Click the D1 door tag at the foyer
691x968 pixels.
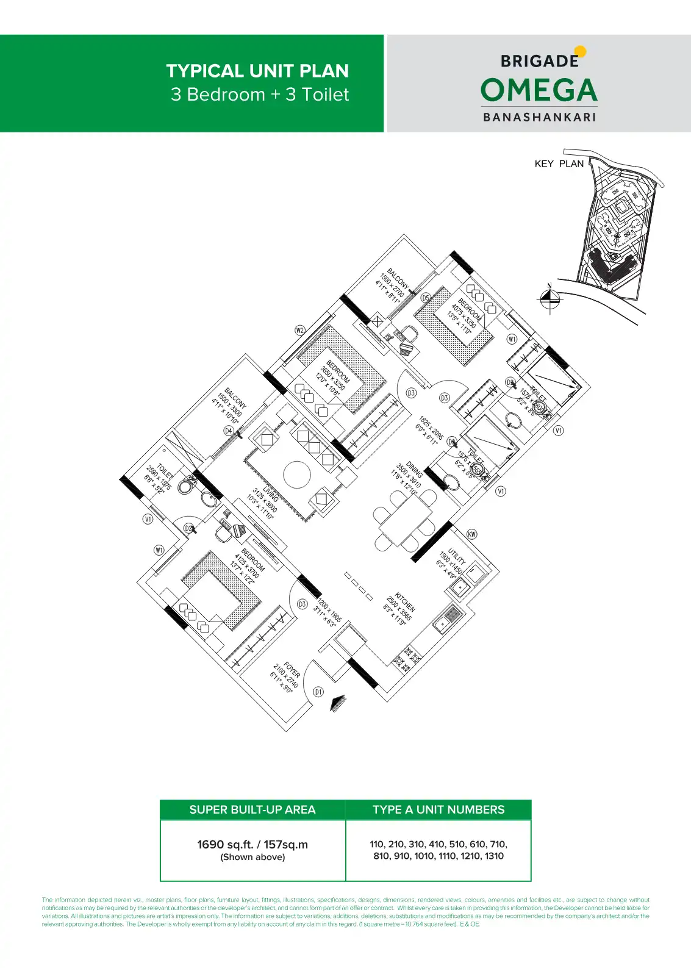[318, 692]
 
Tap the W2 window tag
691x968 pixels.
[300, 331]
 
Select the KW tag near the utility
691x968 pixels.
[471, 534]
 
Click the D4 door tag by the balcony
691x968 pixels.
[228, 431]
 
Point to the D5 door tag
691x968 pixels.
[426, 298]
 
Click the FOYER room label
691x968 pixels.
[292, 670]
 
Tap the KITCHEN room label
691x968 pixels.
[405, 602]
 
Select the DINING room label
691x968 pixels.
[414, 470]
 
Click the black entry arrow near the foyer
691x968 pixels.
[336, 703]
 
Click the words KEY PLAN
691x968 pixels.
[559, 163]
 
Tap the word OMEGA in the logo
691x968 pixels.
[539, 90]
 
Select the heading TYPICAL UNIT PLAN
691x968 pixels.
[257, 71]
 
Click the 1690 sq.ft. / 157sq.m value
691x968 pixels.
[252, 845]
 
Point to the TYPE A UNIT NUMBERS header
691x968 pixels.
[439, 809]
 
